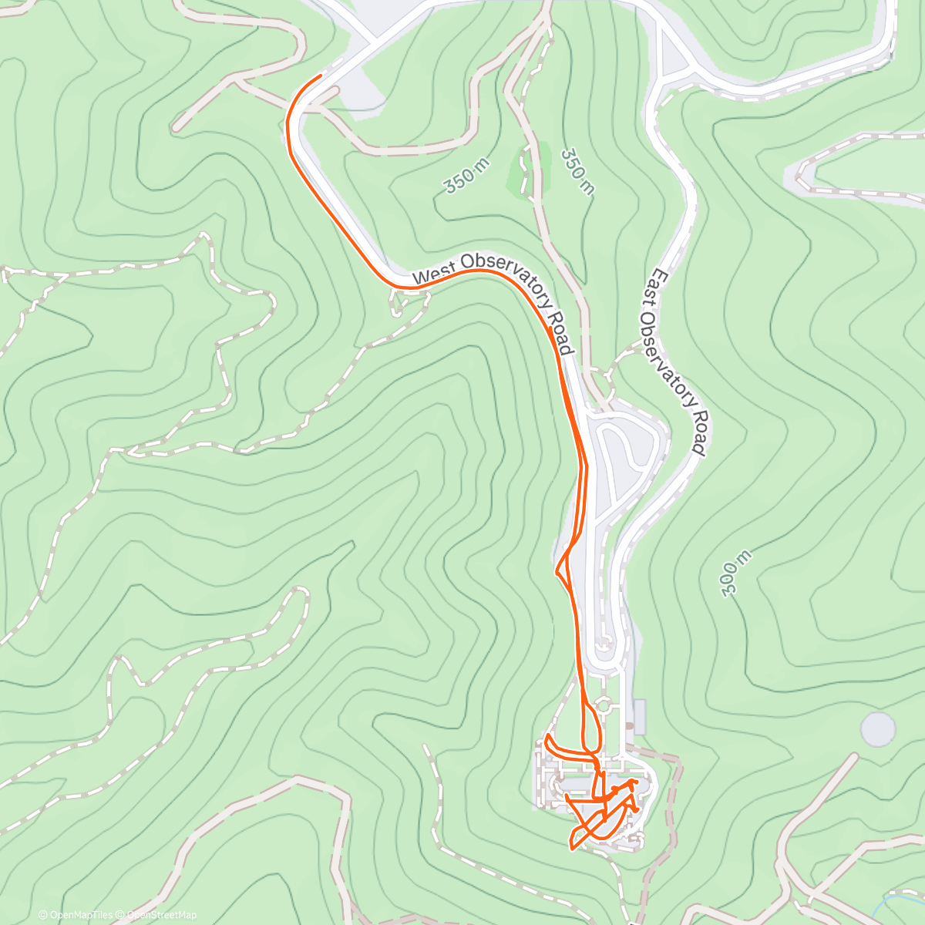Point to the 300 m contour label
tap(735, 573)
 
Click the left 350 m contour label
tap(461, 180)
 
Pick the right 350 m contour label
tap(577, 171)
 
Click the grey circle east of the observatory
tap(878, 729)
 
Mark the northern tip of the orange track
tap(319, 76)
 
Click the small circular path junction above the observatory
tap(604, 705)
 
